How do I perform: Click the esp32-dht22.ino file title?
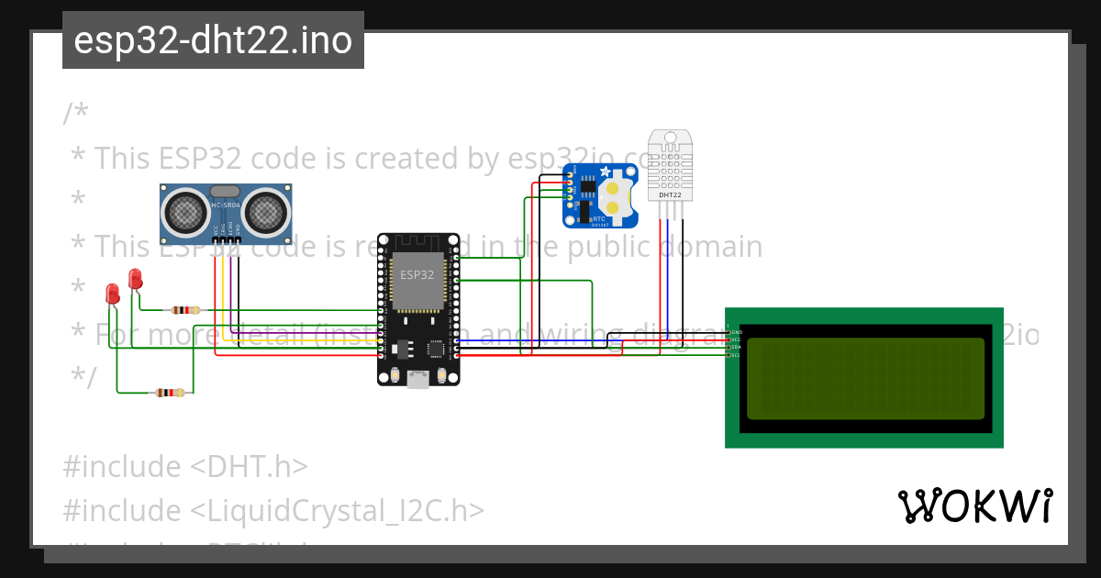213,40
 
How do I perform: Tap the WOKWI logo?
974,506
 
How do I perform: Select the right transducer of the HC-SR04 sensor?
267,212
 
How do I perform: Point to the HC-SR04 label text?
226,206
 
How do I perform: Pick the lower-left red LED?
113,294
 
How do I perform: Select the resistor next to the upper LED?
185,310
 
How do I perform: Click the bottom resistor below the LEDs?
170,393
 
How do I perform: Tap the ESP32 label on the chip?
417,274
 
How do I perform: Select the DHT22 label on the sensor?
670,195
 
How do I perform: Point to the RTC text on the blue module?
599,219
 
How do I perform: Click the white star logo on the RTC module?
605,172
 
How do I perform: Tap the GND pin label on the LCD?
736,331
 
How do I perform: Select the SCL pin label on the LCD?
735,355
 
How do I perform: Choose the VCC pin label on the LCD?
736,339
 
